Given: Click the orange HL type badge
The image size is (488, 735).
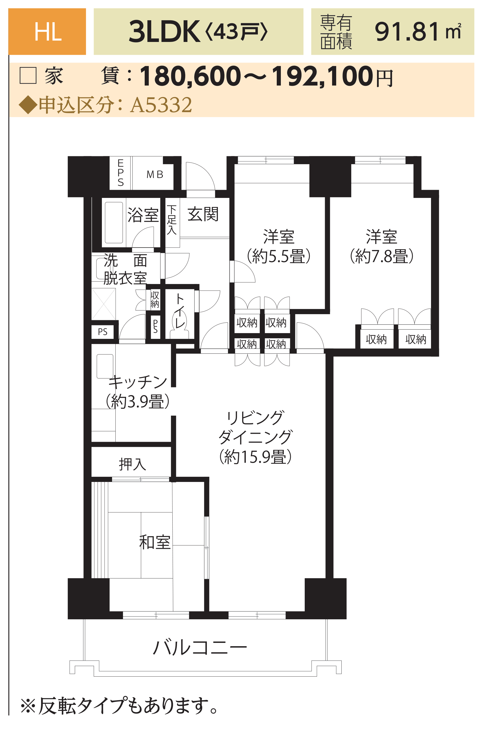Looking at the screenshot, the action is pyautogui.click(x=47, y=32).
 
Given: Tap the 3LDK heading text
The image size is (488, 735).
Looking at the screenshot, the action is pyautogui.click(x=164, y=32).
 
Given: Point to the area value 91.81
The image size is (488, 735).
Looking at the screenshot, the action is pyautogui.click(x=407, y=32).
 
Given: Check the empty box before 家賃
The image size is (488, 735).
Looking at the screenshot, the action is pyautogui.click(x=28, y=76).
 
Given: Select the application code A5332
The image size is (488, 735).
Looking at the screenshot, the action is pyautogui.click(x=161, y=105).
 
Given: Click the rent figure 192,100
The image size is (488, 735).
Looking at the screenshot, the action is pyautogui.click(x=322, y=76).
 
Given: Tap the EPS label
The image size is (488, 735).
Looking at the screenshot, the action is pyautogui.click(x=121, y=173).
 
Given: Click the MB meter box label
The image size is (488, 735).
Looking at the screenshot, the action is pyautogui.click(x=155, y=175).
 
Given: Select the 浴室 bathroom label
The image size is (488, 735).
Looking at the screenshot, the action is pyautogui.click(x=143, y=215).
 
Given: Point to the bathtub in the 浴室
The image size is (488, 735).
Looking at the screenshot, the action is pyautogui.click(x=114, y=223).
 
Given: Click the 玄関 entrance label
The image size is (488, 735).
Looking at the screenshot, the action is pyautogui.click(x=203, y=214).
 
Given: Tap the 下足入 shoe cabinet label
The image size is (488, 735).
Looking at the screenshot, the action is pyautogui.click(x=172, y=220).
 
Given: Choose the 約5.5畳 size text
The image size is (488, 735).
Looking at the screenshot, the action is pyautogui.click(x=279, y=256).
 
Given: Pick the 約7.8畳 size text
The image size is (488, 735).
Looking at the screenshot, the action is pyautogui.click(x=382, y=256).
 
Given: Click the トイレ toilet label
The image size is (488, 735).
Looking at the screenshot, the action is pyautogui.click(x=180, y=311).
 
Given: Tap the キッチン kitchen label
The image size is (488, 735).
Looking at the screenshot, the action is pyautogui.click(x=138, y=382).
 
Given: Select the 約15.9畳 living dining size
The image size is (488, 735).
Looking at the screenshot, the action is pyautogui.click(x=255, y=457).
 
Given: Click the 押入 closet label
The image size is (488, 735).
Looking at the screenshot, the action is pyautogui.click(x=132, y=464).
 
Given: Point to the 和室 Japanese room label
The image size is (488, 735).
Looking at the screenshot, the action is pyautogui.click(x=155, y=542).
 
